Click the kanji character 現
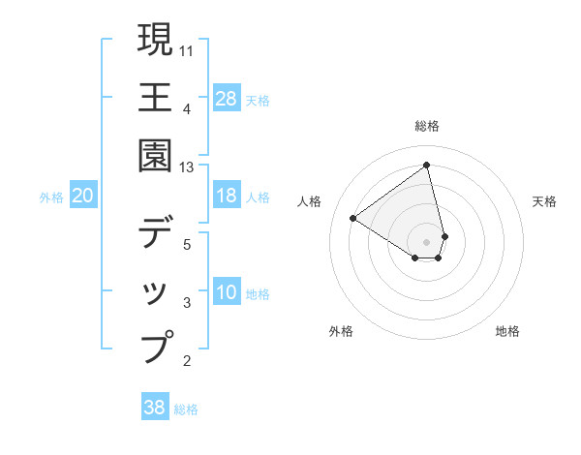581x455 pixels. coord(155,41)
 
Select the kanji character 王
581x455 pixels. coord(155,98)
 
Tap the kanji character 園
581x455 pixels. coord(155,155)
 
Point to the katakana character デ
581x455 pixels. coord(155,232)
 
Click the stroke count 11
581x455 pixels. coord(187,48)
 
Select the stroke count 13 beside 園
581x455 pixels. coord(187,167)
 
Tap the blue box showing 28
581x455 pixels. coord(226,98)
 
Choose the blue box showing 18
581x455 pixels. coord(226,196)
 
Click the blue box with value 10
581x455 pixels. coord(226,292)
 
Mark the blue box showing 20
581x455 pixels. coord(82,196)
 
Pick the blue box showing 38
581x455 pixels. coord(155,408)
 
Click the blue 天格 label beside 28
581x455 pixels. coord(258,100)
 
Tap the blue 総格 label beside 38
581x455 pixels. coord(186,409)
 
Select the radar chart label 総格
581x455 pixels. coord(427,126)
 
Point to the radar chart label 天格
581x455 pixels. coord(544,201)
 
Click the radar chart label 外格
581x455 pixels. coord(341,331)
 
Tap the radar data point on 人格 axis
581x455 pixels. coord(353,219)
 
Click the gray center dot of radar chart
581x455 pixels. coord(427,241)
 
